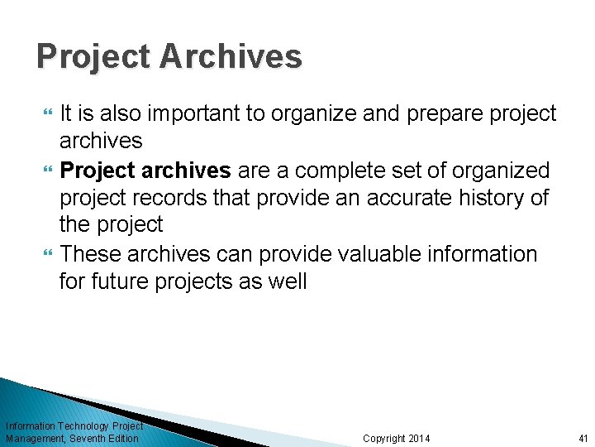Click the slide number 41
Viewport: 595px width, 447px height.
(x=583, y=438)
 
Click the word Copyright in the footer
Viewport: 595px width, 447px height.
(x=384, y=438)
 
